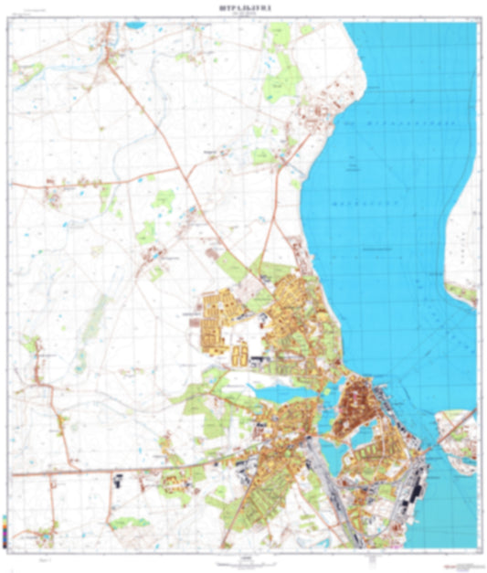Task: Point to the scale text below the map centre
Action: coord(246,557)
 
